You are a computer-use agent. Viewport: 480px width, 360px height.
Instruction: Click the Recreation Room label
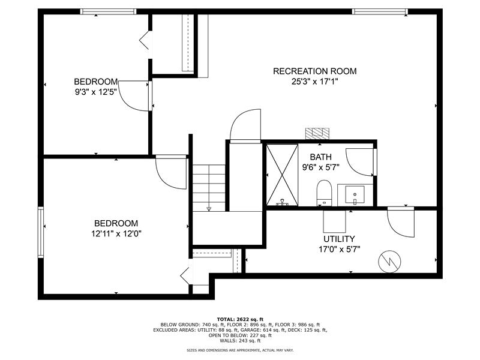point(314,71)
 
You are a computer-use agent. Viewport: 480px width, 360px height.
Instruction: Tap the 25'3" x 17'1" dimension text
point(314,82)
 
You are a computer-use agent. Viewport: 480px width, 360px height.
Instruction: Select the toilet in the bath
point(324,193)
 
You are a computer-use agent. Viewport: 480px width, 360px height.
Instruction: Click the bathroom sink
point(355,195)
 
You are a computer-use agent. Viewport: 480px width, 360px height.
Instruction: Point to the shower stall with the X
point(282,175)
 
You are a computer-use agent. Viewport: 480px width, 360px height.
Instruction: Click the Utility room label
point(339,239)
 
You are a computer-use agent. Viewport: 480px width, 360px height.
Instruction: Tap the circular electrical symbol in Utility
point(389,262)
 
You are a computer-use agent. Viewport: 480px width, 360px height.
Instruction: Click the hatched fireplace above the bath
point(317,134)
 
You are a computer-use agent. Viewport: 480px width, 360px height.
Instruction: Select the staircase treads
point(209,188)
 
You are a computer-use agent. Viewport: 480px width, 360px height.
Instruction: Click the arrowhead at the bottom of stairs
point(209,209)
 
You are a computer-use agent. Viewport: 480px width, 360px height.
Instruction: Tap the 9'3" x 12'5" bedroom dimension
point(96,92)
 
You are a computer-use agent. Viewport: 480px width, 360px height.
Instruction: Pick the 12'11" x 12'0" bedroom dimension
point(116,234)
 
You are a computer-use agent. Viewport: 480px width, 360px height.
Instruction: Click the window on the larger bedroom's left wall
point(41,232)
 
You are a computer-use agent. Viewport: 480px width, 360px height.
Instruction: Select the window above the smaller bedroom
point(109,11)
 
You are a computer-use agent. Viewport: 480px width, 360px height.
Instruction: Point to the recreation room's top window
point(380,11)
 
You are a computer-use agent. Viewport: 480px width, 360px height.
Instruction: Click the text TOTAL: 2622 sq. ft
point(240,319)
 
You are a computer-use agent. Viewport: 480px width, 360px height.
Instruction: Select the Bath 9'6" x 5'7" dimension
point(321,167)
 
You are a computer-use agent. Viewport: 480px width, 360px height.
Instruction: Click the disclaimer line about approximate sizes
point(240,350)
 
